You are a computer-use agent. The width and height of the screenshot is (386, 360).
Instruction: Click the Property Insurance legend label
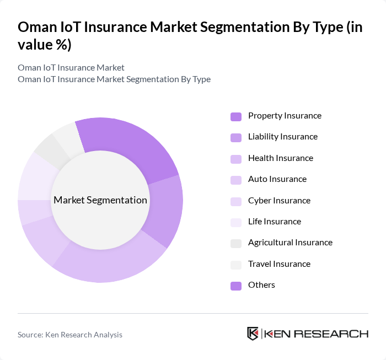(285, 116)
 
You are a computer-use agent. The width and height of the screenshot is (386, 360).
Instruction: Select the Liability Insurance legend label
(283, 137)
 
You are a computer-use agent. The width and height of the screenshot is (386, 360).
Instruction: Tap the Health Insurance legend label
(280, 158)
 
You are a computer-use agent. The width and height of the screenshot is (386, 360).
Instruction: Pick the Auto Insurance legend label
(277, 179)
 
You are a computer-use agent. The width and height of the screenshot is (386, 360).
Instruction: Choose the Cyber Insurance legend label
(279, 201)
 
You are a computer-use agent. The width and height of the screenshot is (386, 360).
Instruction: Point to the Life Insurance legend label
(275, 222)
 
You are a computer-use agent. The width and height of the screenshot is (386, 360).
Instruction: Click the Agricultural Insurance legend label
(290, 243)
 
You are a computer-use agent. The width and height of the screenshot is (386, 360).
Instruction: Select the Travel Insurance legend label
(279, 264)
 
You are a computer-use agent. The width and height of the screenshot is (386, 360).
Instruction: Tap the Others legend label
(261, 285)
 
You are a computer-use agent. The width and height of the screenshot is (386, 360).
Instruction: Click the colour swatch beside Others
(236, 286)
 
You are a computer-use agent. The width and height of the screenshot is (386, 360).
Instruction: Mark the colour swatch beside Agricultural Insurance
(236, 243)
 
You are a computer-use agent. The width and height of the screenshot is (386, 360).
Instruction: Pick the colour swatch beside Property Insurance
(236, 116)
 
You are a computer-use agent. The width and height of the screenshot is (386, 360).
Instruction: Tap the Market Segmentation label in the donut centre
(100, 200)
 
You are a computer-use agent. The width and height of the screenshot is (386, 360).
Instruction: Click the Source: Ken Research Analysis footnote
(70, 335)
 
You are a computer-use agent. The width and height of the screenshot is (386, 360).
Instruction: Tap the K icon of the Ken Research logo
(253, 334)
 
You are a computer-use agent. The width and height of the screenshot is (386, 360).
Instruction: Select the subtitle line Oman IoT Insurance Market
(71, 67)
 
